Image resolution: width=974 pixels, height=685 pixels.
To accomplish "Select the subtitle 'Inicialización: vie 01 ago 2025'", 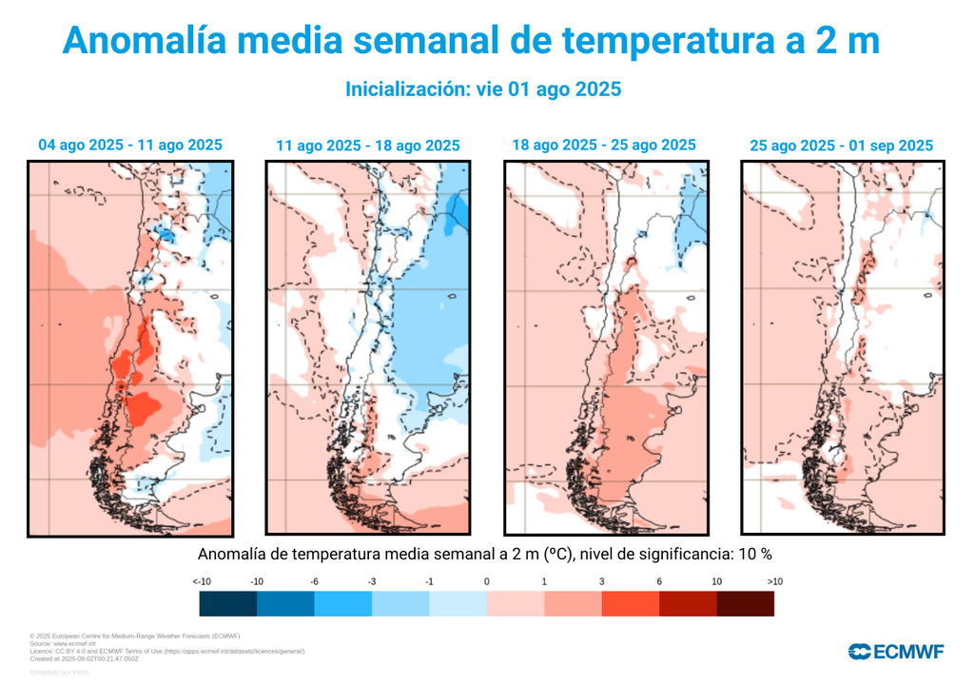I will (482, 89).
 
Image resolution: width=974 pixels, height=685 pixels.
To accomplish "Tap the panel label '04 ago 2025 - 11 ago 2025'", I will (130, 146).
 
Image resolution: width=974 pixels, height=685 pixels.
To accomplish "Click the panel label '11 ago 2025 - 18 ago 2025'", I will (367, 146).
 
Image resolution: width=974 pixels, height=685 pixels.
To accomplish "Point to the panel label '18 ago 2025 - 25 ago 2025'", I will (604, 146).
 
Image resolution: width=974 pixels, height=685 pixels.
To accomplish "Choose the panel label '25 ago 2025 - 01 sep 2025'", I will (841, 146).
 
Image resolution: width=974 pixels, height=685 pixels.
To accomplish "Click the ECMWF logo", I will (895, 652).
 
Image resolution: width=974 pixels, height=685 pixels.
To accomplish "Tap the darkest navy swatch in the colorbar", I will (228, 604).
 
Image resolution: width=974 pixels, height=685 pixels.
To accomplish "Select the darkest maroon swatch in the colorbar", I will (745, 604).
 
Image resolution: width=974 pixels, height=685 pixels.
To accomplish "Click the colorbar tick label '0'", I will (486, 581).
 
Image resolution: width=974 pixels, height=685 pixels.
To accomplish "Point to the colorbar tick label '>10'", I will (773, 581).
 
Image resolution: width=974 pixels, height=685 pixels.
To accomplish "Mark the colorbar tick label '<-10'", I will (201, 581).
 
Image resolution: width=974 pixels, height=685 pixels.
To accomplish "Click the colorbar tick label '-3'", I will (372, 581).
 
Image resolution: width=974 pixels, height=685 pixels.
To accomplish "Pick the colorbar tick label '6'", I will (658, 581).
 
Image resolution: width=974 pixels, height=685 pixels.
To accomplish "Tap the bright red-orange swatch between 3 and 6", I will (630, 604).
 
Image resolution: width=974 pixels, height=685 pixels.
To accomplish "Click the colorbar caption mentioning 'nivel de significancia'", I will (484, 554).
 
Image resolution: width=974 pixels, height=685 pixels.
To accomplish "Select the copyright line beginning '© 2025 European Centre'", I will (134, 636).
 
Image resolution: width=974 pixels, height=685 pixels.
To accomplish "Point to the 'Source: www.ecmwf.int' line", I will (65, 643).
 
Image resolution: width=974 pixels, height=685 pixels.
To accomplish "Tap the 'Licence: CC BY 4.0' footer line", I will (167, 651).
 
